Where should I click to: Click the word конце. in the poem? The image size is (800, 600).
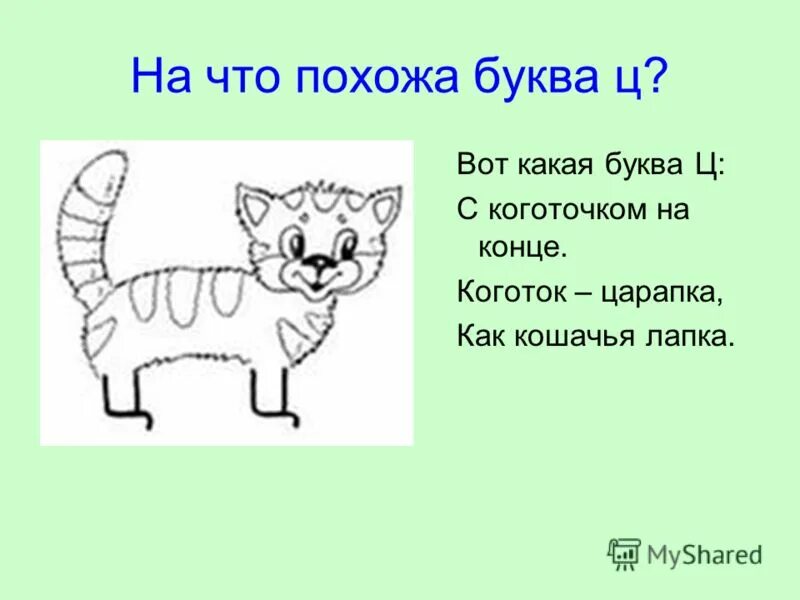(516, 248)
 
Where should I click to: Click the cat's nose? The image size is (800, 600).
(319, 261)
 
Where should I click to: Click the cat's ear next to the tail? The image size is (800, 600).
(253, 207)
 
